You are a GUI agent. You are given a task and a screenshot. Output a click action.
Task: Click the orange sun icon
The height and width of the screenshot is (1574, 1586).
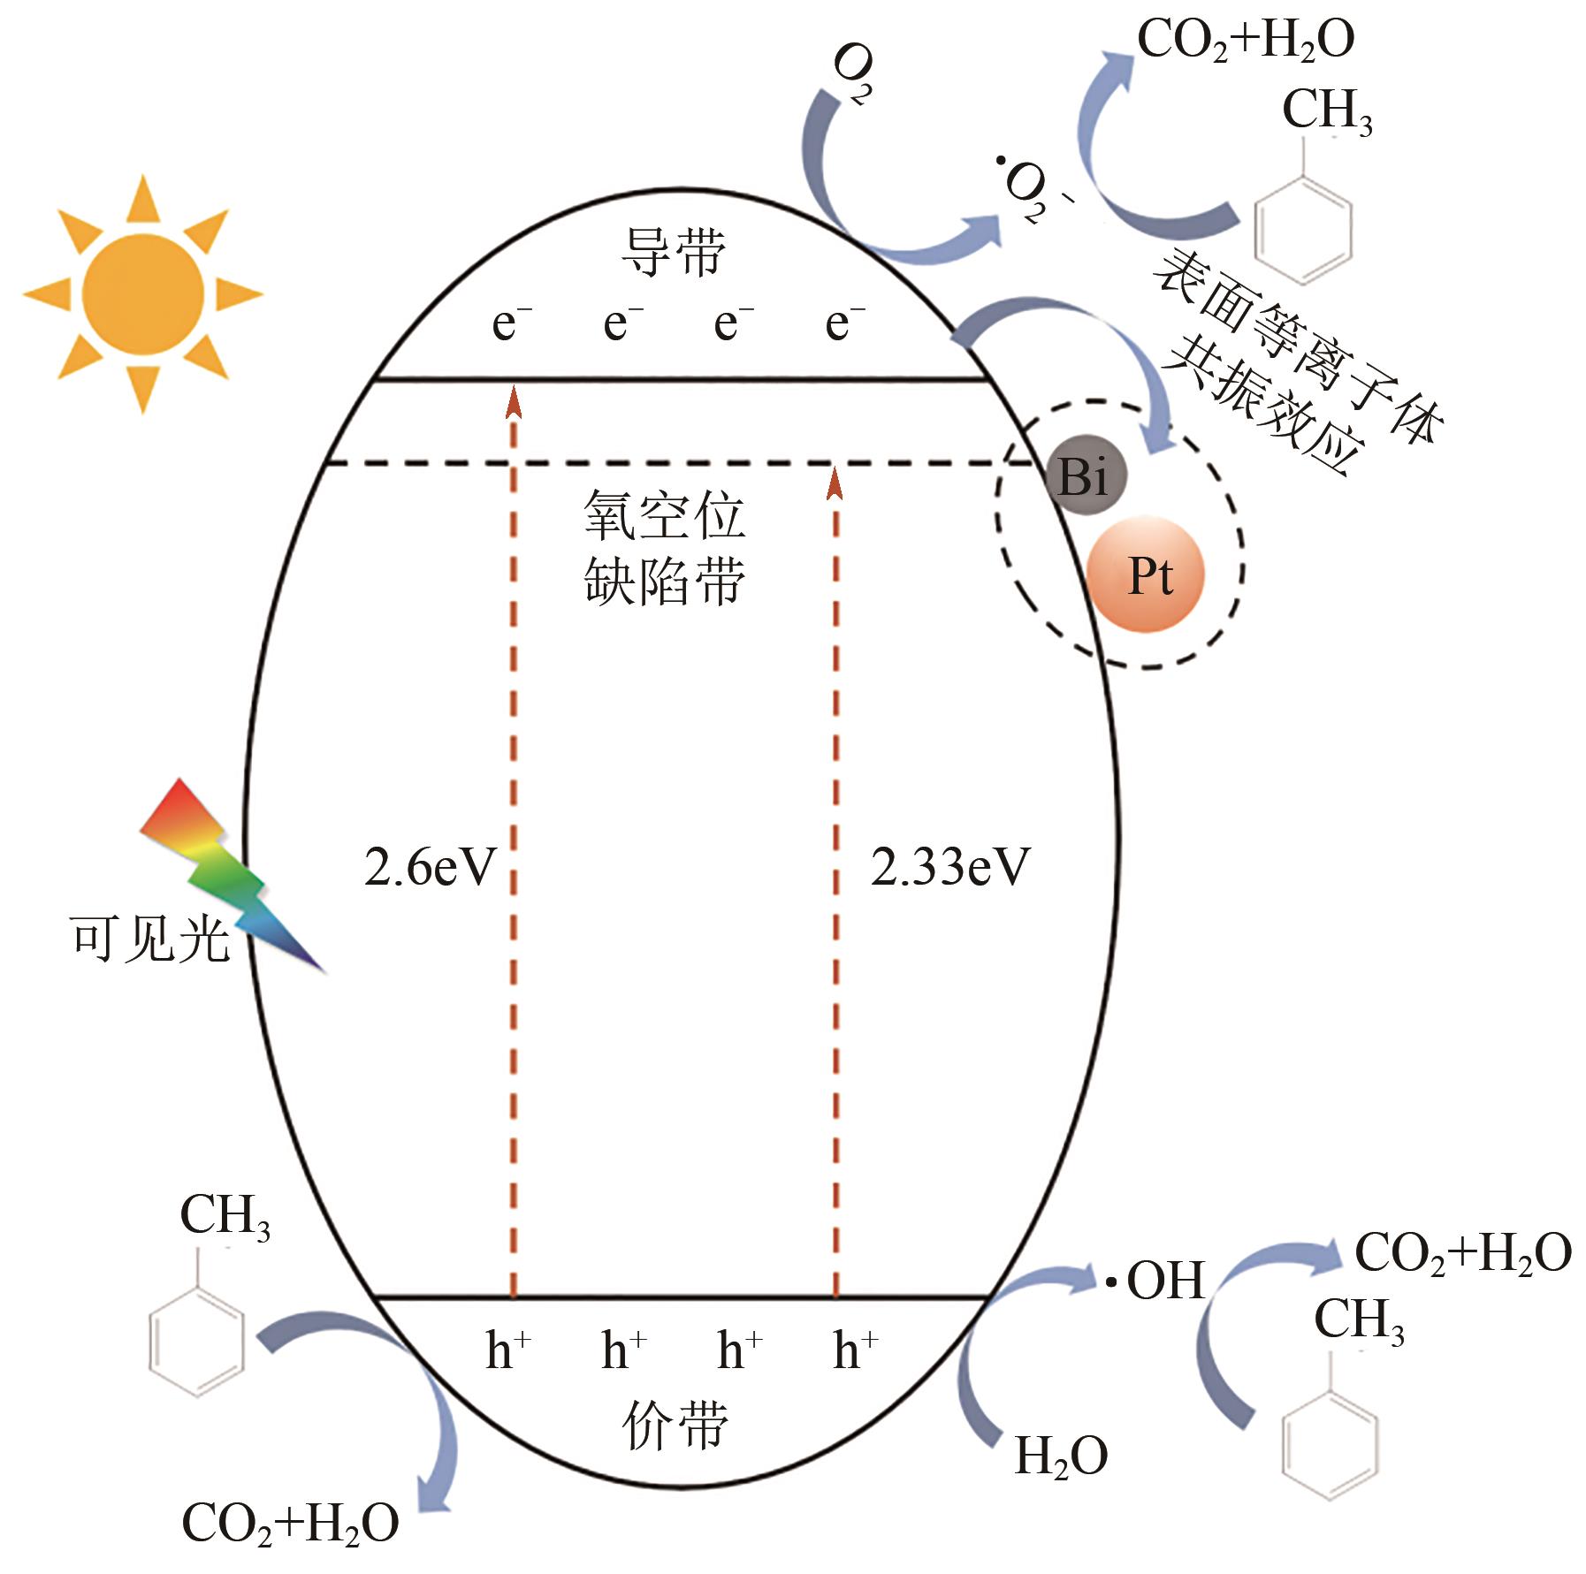(142, 294)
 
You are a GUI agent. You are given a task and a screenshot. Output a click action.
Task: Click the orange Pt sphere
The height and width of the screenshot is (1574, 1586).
(1146, 575)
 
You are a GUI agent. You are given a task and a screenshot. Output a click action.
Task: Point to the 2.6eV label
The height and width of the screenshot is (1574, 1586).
(431, 868)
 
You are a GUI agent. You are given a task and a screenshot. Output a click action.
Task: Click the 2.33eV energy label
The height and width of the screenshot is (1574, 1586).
(950, 868)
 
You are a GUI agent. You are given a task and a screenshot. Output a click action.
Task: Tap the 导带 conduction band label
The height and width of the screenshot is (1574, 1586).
(674, 252)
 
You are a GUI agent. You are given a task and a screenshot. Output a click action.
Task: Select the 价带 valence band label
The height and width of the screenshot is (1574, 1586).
(675, 1425)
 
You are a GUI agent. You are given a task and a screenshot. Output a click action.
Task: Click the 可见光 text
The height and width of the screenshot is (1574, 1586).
(149, 939)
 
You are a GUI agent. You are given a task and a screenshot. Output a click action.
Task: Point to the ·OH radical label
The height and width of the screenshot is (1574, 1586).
(1157, 1281)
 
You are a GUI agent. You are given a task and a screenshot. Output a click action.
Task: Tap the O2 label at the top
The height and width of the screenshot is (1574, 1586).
(852, 74)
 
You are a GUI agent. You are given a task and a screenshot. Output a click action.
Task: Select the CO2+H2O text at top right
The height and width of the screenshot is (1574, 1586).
(1245, 41)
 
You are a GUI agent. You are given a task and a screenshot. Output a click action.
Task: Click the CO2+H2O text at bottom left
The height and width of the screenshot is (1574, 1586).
(290, 1524)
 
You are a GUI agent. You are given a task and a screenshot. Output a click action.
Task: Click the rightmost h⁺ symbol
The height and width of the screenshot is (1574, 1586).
(855, 1350)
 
